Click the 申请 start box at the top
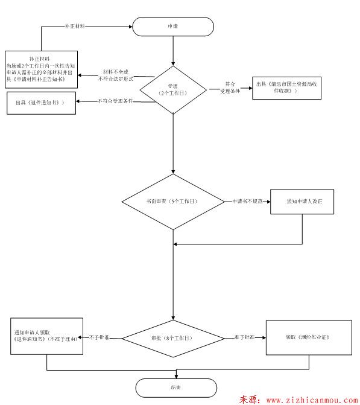[x=173, y=27]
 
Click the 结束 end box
[x=175, y=387]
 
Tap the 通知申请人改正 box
[x=302, y=200]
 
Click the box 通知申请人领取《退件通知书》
[x=47, y=336]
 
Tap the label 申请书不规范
[x=247, y=200]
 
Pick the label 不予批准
[x=100, y=337]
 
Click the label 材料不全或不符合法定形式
[x=118, y=75]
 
